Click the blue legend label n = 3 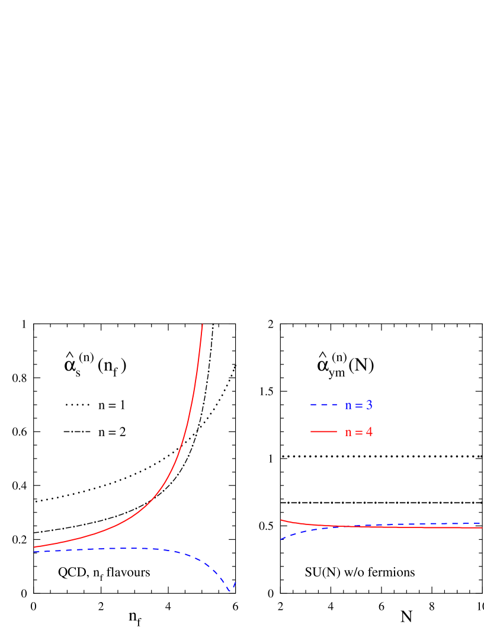click(358, 406)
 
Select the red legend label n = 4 click(358, 432)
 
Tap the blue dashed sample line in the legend click(323, 405)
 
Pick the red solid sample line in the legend click(323, 431)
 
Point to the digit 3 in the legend click(369, 406)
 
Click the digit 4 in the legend click(369, 432)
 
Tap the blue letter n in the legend click(348, 407)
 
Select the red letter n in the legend click(348, 433)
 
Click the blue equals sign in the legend click(358, 407)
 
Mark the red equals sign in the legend click(358, 433)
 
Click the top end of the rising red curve click(203, 325)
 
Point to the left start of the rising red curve click(34, 547)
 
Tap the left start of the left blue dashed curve click(34, 552)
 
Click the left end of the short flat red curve click(281, 520)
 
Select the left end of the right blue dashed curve click(281, 539)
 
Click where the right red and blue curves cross click(355, 526)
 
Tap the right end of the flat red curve click(482, 527)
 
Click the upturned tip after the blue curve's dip click(236, 582)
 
